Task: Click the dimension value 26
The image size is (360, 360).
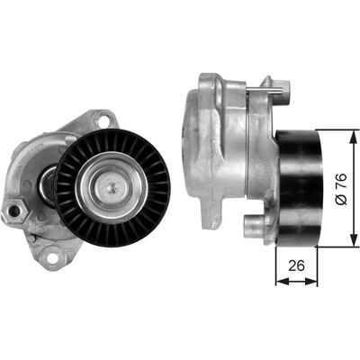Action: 296,265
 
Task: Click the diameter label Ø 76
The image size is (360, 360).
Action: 342,189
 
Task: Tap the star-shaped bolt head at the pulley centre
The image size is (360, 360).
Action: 112,188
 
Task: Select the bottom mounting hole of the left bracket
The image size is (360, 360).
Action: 52,257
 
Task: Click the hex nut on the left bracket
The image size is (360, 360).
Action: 14,211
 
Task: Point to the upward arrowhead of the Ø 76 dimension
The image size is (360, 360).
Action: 351,134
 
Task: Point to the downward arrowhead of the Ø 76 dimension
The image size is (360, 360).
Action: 351,242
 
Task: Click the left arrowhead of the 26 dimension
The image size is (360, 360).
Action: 281,281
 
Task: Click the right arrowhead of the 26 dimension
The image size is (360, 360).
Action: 311,281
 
